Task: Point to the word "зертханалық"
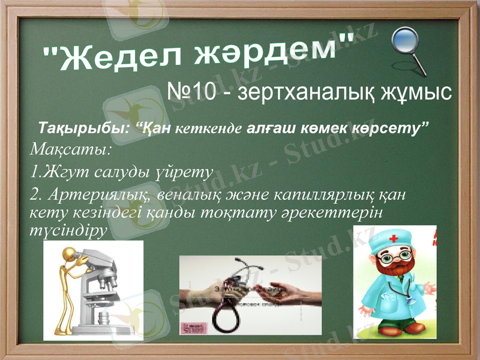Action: pyautogui.click(x=303, y=92)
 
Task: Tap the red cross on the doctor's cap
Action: pyautogui.click(x=394, y=238)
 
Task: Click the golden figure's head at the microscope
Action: pyautogui.click(x=65, y=259)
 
